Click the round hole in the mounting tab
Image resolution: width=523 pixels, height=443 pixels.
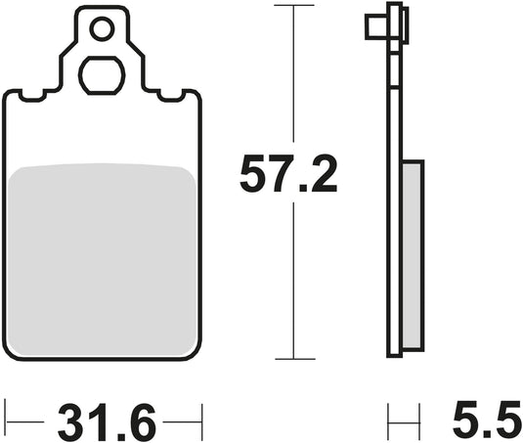point(102,30)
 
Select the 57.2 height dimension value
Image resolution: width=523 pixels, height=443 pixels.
point(289,177)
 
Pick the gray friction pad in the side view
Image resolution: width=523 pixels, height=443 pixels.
point(414,256)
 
